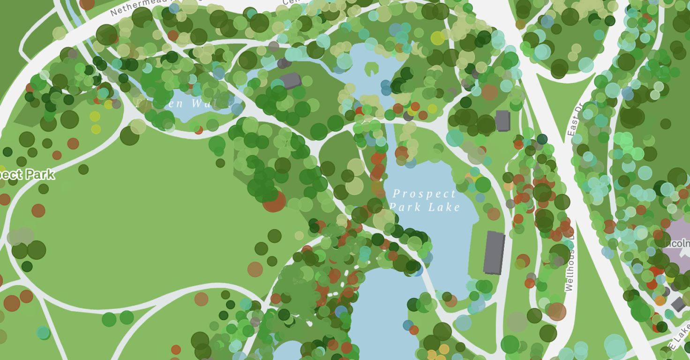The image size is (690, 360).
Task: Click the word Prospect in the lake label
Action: (424, 194)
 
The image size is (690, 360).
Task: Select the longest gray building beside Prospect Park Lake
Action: (494, 253)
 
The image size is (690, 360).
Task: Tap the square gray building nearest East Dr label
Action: (502, 121)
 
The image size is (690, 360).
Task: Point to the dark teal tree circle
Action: (542, 139)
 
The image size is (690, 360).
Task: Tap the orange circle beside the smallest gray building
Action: (660, 300)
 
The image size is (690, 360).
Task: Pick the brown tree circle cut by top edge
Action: (87, 4)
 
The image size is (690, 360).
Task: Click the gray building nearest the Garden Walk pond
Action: (291, 81)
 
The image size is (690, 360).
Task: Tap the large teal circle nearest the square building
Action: (454, 138)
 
